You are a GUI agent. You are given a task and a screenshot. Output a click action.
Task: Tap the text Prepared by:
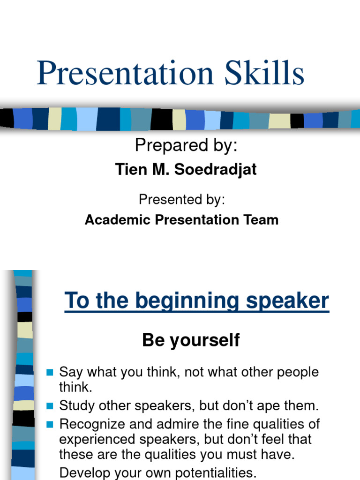186,146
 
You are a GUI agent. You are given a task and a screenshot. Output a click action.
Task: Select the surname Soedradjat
215,170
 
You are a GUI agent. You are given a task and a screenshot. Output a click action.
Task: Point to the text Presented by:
182,200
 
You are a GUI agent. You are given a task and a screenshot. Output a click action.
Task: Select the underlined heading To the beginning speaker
196,300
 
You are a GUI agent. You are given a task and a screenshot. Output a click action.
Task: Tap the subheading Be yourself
191,340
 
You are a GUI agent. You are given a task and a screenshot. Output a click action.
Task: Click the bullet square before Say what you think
51,373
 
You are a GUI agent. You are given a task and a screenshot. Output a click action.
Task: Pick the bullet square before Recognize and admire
51,425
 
